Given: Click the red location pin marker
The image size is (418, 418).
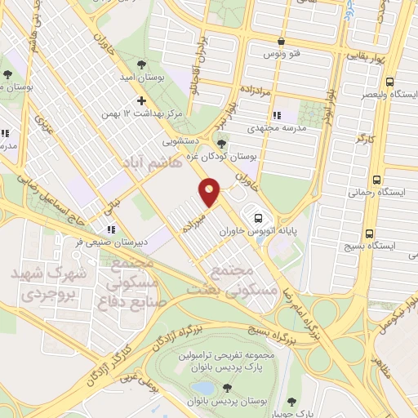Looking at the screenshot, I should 210,193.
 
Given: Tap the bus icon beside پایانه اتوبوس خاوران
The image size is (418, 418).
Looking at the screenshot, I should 259,218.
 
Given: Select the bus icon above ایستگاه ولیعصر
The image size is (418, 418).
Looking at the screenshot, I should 389,82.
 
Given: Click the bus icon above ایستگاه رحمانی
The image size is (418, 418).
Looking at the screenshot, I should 376,180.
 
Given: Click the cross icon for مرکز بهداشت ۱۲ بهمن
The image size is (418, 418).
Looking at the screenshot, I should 142,101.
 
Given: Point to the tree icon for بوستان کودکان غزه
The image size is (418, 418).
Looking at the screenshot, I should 221,144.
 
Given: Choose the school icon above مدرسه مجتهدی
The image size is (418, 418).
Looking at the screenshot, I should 278,115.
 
